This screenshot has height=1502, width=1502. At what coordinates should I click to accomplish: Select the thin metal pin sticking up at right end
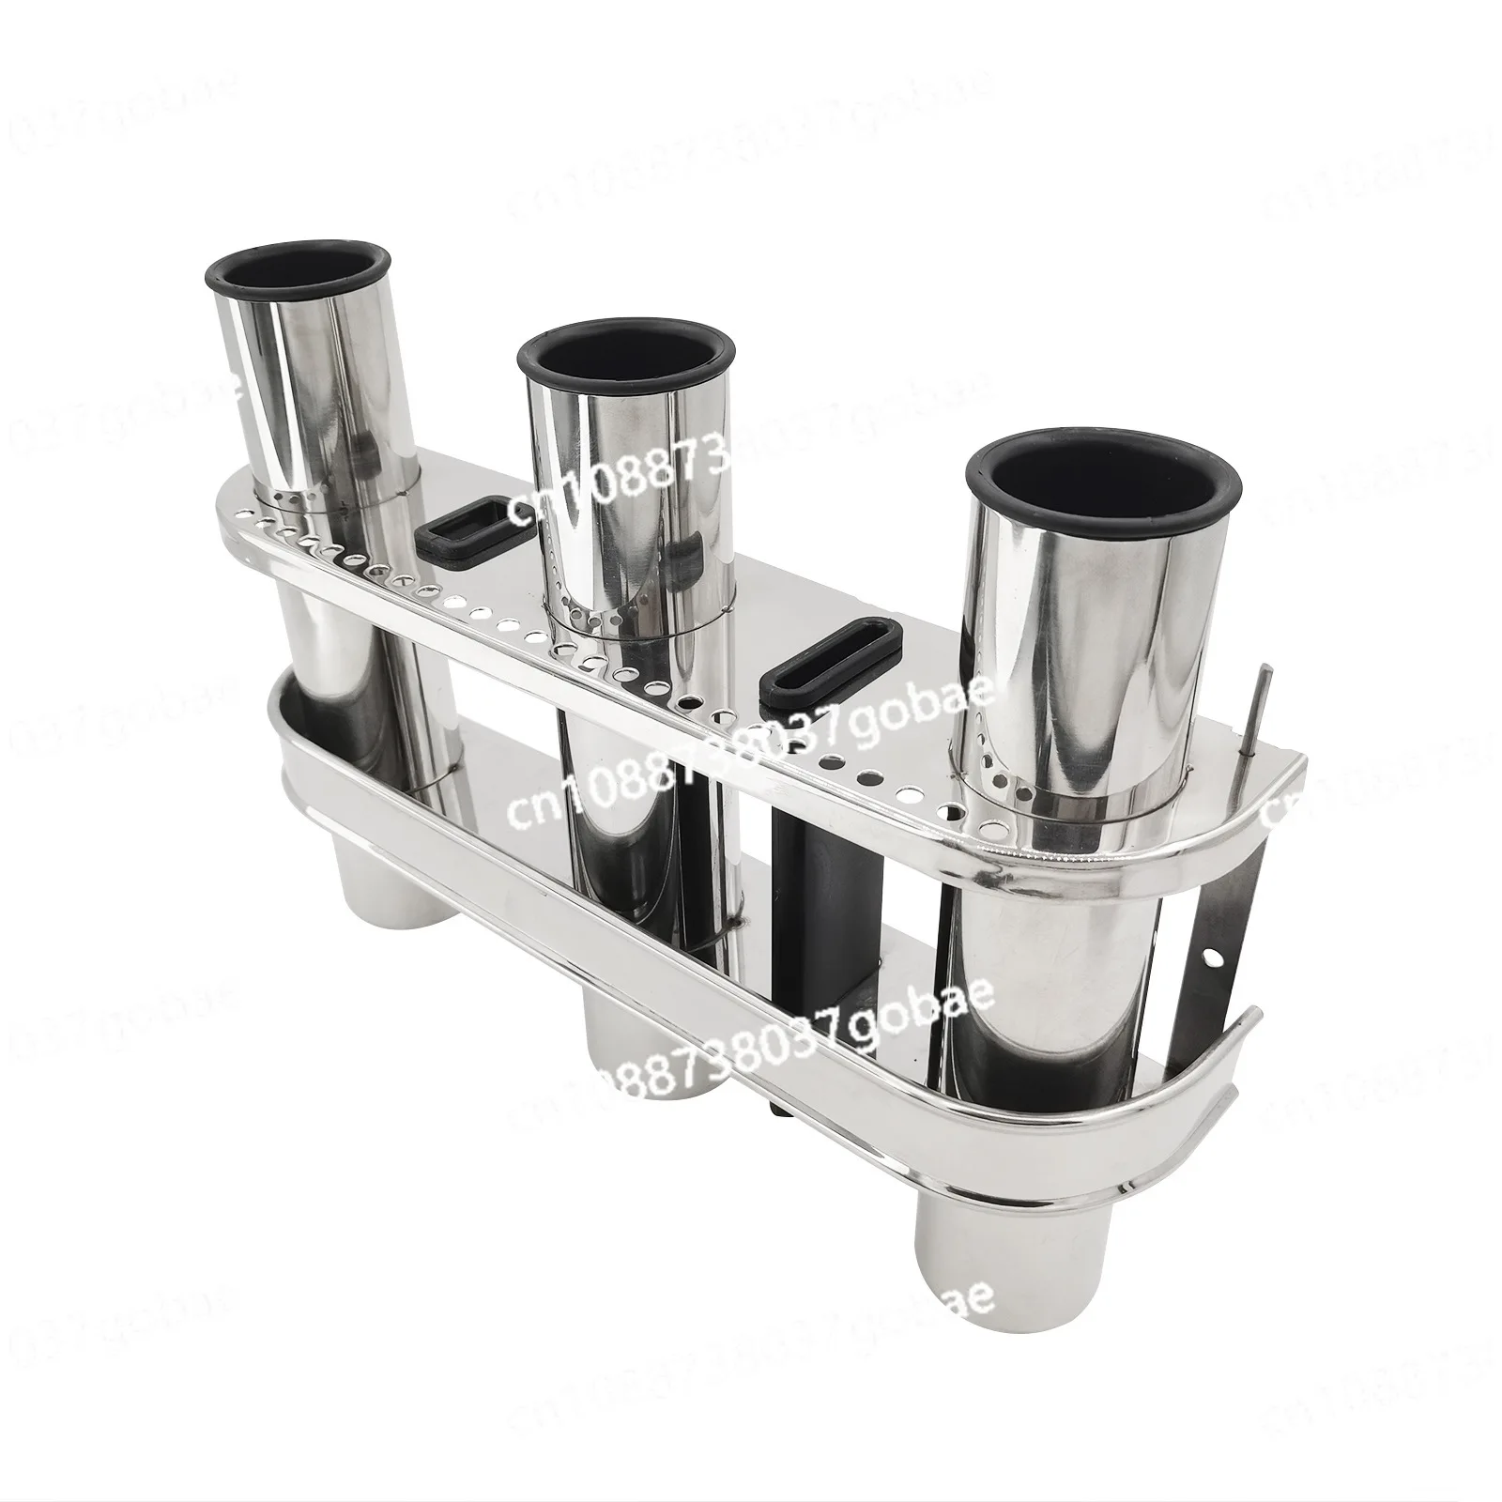tap(1261, 713)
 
